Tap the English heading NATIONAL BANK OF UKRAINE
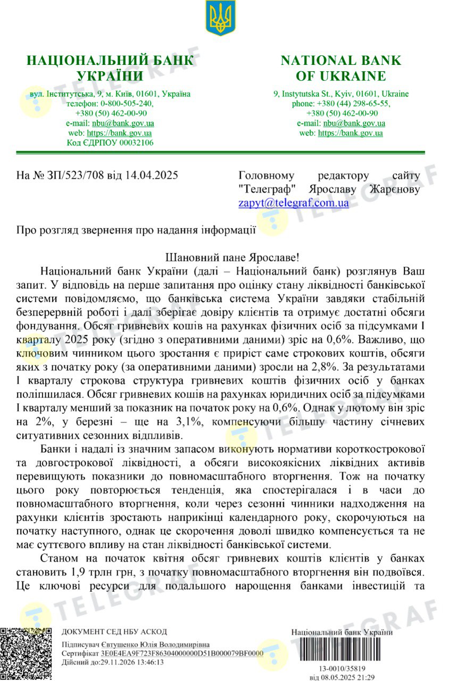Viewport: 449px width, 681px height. [341, 68]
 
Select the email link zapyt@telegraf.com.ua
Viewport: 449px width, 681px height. [294, 203]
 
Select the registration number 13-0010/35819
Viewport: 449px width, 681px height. [342, 669]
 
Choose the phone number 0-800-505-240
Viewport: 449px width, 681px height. [127, 104]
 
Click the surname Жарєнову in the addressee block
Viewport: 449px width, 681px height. [388, 189]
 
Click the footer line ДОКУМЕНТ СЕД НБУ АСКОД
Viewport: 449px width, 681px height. [114, 632]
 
